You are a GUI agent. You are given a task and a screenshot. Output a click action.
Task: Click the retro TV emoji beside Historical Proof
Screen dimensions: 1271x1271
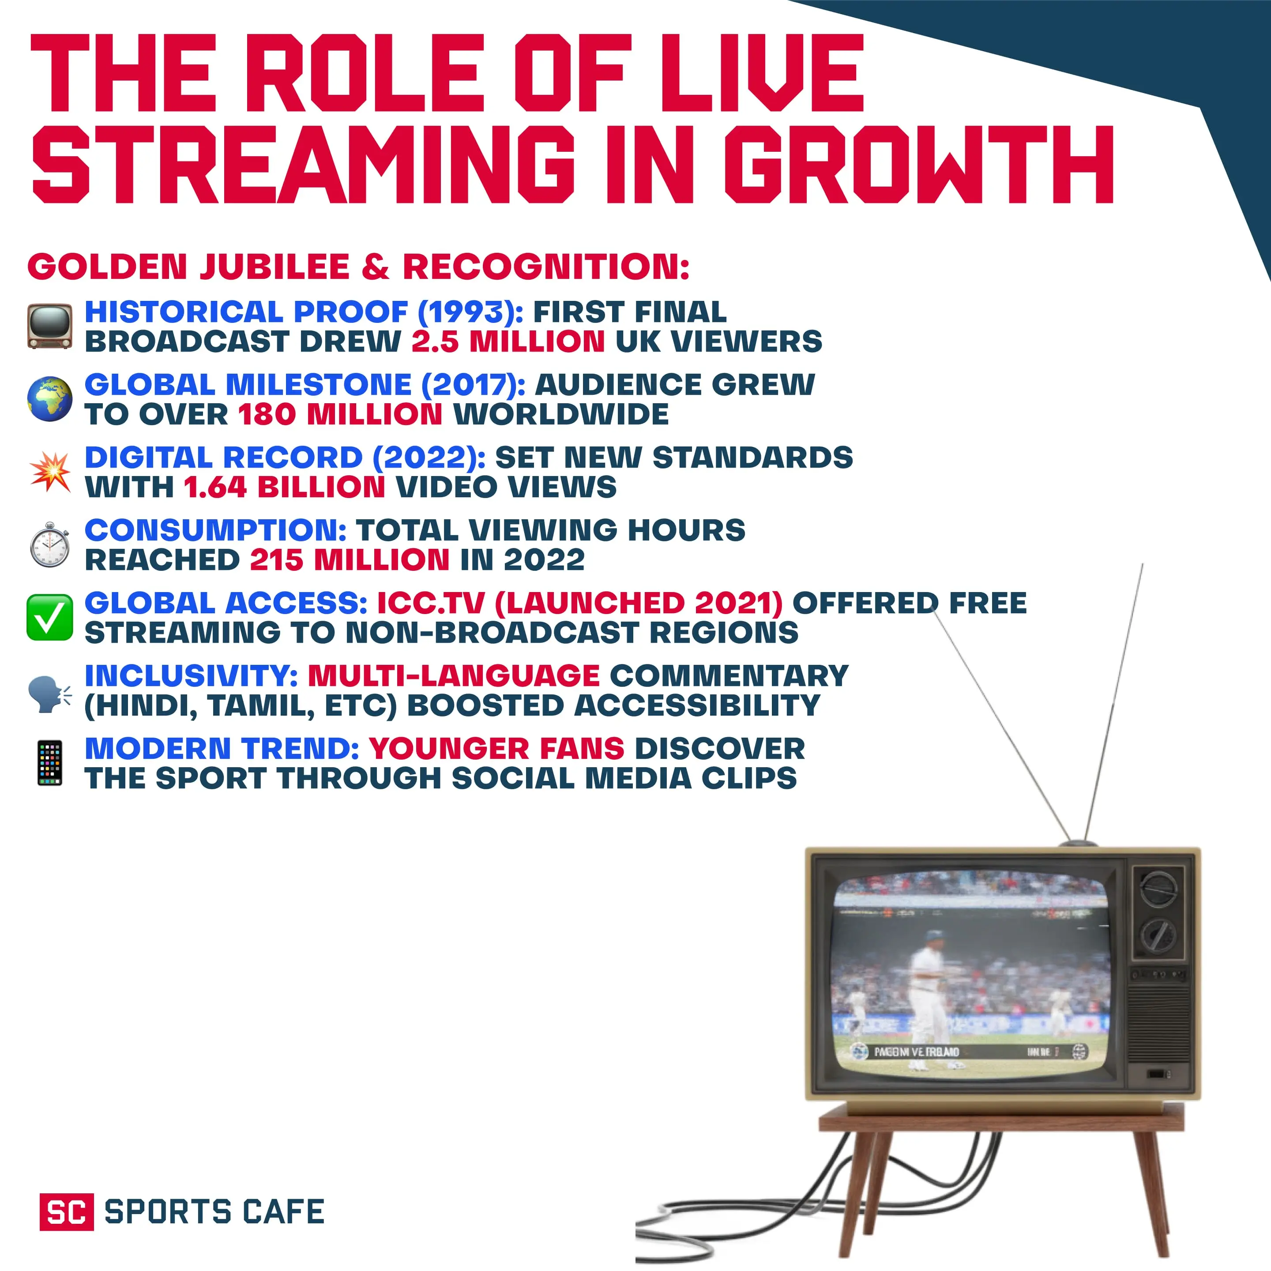(49, 326)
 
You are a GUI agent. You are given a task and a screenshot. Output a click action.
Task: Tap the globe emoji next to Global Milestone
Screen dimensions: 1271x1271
(49, 399)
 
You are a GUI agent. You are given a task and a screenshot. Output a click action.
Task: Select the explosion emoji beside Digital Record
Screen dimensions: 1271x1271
(50, 472)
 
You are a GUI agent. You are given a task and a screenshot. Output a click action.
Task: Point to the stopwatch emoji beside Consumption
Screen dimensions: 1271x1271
(50, 545)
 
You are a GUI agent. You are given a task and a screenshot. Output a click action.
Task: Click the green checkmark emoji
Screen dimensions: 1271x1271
(49, 617)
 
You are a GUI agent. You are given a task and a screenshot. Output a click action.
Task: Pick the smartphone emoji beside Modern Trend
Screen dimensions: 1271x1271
(50, 763)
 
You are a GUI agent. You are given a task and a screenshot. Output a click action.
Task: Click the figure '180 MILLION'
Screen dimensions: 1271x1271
(340, 414)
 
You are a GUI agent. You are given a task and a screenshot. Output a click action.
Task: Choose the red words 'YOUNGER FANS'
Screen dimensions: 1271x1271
(496, 749)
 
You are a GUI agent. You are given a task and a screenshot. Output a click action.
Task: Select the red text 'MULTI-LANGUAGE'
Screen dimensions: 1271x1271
(454, 675)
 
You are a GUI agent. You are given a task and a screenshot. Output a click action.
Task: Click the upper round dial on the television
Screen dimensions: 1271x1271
(1158, 889)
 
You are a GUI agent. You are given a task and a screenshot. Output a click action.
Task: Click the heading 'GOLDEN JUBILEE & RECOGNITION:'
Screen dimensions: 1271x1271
(358, 266)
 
